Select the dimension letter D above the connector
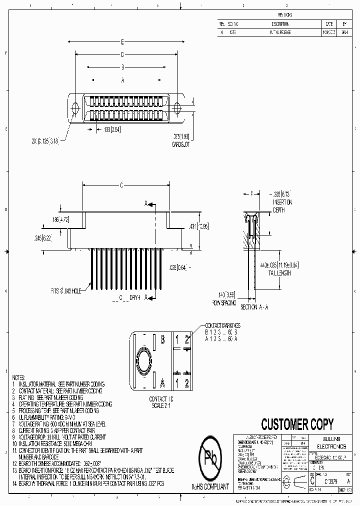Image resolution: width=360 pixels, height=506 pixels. (x=122, y=54)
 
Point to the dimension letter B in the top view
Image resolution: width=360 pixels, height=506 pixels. (x=122, y=67)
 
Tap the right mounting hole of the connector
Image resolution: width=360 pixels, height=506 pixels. (x=177, y=108)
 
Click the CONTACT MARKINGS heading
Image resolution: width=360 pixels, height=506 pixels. (x=222, y=325)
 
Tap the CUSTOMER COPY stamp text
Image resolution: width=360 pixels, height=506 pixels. (x=297, y=424)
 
